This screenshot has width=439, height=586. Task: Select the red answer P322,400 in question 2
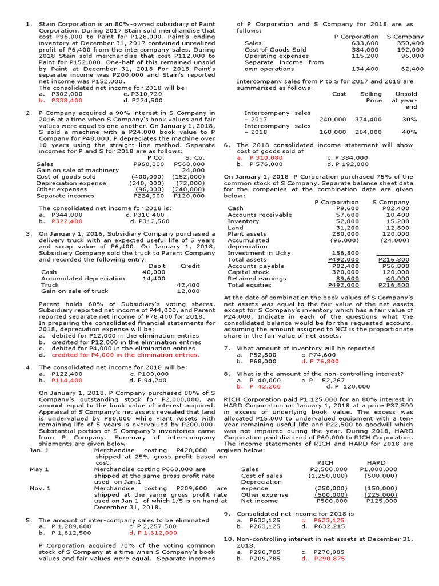click(x=66, y=220)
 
